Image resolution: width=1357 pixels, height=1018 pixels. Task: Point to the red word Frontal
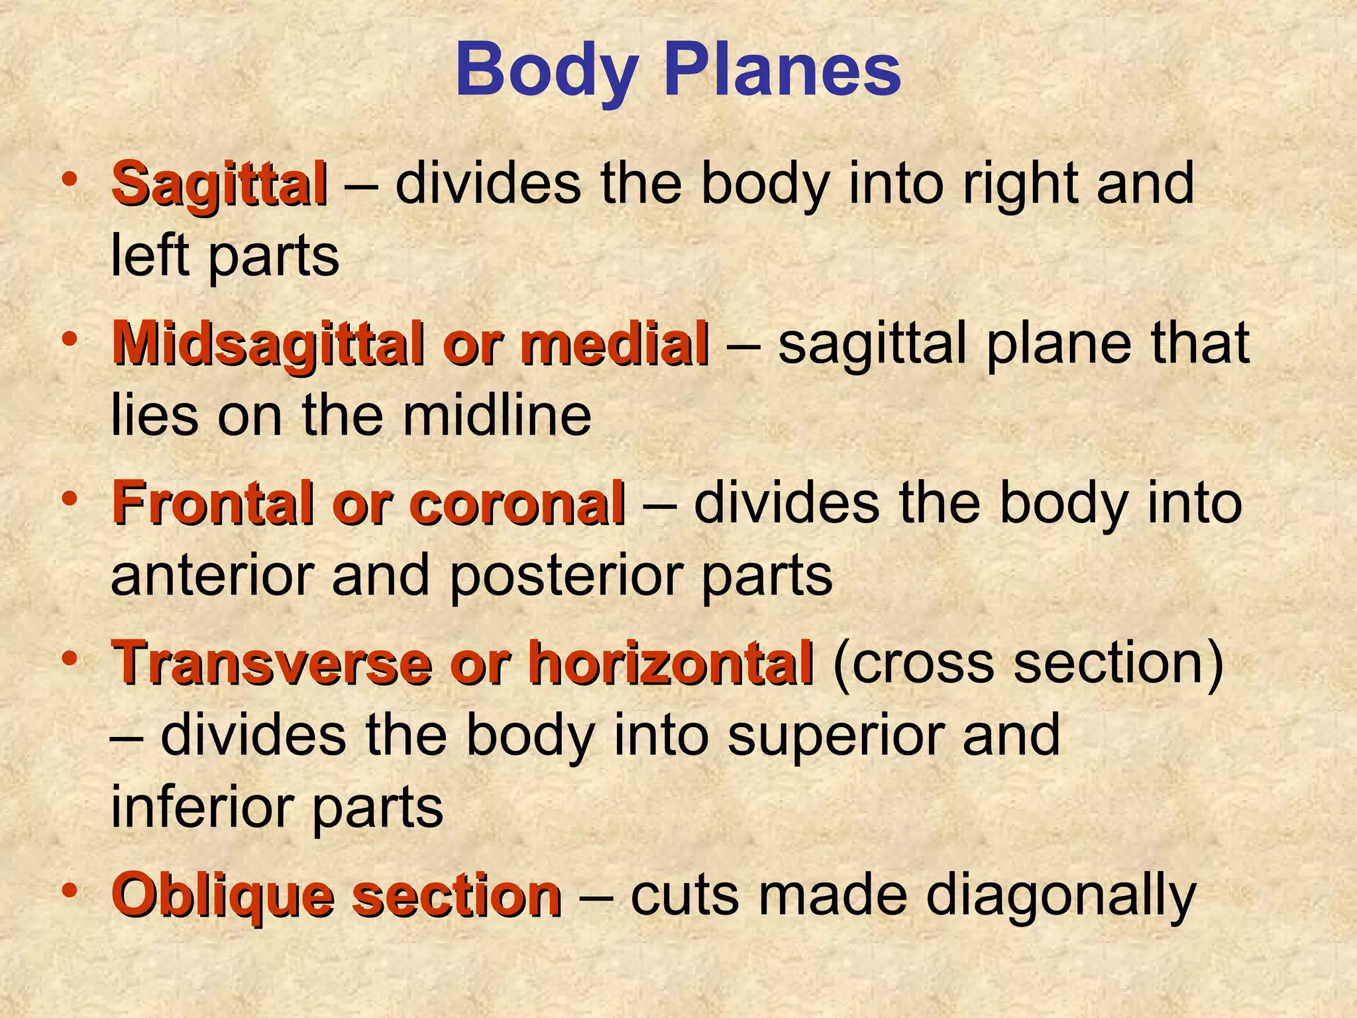tap(213, 504)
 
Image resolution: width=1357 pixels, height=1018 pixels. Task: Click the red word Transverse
tap(272, 663)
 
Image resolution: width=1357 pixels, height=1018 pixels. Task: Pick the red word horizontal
tap(671, 663)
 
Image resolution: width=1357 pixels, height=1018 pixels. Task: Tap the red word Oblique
tap(222, 896)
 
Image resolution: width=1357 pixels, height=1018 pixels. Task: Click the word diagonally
tap(1061, 896)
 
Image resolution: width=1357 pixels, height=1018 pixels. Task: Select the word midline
tap(497, 416)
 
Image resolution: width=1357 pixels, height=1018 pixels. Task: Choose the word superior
tap(834, 736)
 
